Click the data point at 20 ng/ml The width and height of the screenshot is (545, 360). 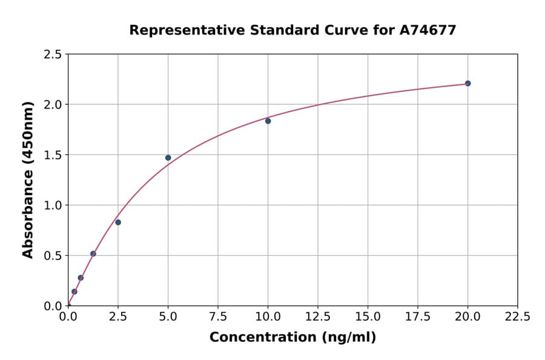(x=467, y=83)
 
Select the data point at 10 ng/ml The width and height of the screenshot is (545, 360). (x=268, y=121)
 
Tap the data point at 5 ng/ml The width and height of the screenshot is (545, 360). (x=168, y=158)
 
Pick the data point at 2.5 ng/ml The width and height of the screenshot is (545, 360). (x=118, y=222)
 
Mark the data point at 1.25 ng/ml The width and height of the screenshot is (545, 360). (x=93, y=254)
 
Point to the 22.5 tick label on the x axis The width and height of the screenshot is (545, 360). (x=517, y=316)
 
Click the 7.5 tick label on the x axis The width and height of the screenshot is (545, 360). (x=218, y=316)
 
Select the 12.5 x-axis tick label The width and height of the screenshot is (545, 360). (x=318, y=316)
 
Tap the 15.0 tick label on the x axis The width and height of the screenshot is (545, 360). (x=368, y=316)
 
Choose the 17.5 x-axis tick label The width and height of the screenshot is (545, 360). (x=418, y=316)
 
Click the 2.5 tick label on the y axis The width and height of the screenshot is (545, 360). (x=53, y=55)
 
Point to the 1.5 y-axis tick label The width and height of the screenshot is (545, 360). (x=53, y=155)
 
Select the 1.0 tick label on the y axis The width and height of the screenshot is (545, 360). (x=53, y=205)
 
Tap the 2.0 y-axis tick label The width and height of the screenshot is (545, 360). (x=53, y=105)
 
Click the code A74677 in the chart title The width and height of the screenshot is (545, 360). (x=428, y=30)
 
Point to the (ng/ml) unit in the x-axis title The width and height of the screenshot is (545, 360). (x=348, y=337)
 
